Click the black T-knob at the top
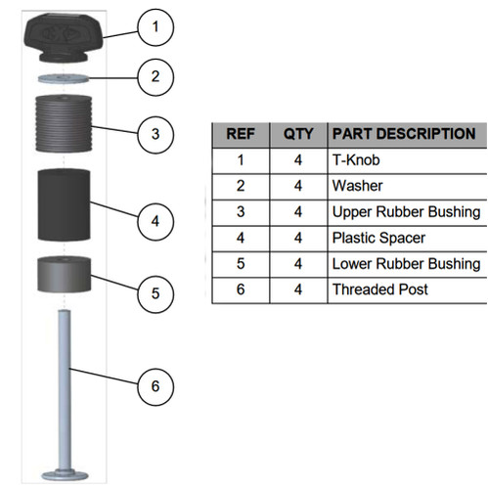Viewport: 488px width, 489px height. [x=64, y=37]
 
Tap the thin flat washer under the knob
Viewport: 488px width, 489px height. [x=64, y=78]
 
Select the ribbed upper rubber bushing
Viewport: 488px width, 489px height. [x=64, y=123]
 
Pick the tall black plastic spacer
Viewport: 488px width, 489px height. [x=64, y=205]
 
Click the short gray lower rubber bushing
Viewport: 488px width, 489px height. [x=64, y=274]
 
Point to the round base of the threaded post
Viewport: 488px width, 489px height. [x=65, y=475]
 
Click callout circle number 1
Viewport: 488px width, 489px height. [x=155, y=27]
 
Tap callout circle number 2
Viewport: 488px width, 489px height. [x=155, y=77]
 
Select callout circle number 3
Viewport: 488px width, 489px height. [x=155, y=135]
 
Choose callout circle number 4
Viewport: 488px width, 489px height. [x=155, y=222]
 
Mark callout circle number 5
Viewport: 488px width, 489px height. [x=155, y=294]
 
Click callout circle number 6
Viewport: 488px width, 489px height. [x=155, y=387]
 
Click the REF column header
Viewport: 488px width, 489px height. [x=241, y=135]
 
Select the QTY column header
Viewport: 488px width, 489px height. [x=298, y=135]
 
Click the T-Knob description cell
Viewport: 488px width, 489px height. [x=407, y=160]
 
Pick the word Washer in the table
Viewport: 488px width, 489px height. [x=357, y=186]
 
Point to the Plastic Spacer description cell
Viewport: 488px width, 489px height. [x=407, y=239]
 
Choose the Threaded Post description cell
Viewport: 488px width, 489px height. [x=407, y=290]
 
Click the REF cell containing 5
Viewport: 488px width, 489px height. [x=241, y=264]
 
